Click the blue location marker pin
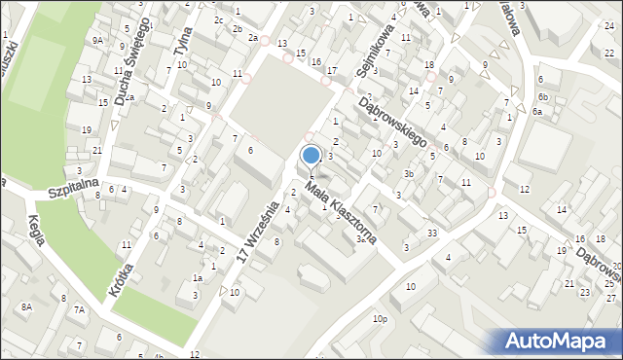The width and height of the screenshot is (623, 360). tap(311, 159)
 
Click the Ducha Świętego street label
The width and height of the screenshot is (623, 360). tap(130, 60)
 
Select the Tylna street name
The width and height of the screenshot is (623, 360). tap(180, 39)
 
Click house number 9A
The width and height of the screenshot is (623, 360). tap(97, 41)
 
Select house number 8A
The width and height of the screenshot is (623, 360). tap(27, 307)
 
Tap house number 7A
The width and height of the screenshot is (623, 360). tap(80, 310)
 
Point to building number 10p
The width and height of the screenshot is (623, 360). tap(379, 318)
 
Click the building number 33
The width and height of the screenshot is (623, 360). tap(431, 233)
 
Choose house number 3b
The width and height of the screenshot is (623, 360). tap(410, 174)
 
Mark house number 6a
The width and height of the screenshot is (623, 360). tap(537, 112)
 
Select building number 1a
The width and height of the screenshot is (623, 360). tap(198, 278)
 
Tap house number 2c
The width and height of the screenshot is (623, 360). tap(219, 19)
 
